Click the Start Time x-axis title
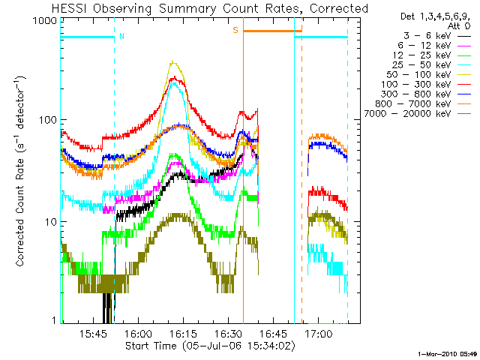coord(210,346)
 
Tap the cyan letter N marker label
coord(122,35)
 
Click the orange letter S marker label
coord(235,30)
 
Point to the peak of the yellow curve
coord(174,62)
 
